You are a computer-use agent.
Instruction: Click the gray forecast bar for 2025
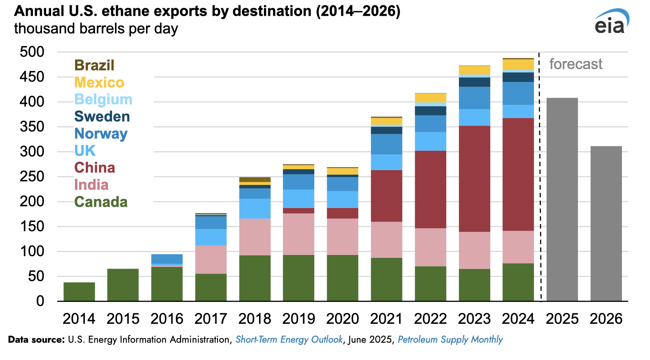pos(562,199)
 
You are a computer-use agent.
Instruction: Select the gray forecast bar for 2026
pos(606,224)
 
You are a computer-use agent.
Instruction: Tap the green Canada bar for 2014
pos(79,292)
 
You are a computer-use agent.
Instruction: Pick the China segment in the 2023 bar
pos(475,179)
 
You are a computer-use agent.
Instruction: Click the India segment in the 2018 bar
pos(255,237)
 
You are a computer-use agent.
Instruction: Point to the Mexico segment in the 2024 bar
pos(518,65)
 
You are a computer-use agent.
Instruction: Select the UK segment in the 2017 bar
pos(211,237)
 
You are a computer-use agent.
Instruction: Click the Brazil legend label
pos(94,65)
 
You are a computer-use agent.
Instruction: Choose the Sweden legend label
pos(102,117)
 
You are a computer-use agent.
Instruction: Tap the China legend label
pos(95,168)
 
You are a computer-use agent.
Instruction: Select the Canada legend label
pos(101,202)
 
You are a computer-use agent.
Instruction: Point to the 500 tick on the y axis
pos(32,52)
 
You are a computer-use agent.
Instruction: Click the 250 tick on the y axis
pos(32,176)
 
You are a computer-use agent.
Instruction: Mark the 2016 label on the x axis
pos(167,319)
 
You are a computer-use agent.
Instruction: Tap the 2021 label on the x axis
pos(386,319)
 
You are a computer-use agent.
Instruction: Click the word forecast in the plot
pos(575,64)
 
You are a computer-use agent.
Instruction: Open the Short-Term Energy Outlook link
pos(289,340)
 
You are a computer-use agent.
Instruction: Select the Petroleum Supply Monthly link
pos(450,340)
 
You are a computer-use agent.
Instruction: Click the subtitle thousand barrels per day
pos(96,29)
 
